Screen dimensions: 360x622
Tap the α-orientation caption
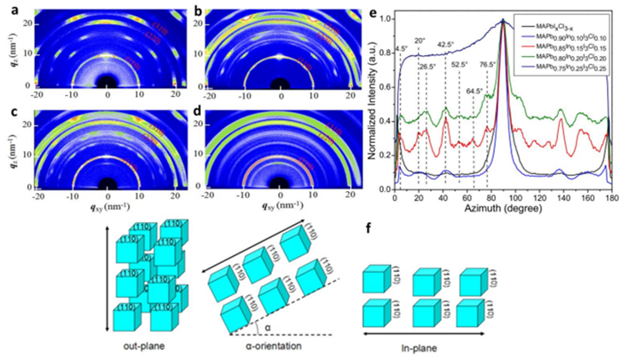(x=264, y=344)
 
